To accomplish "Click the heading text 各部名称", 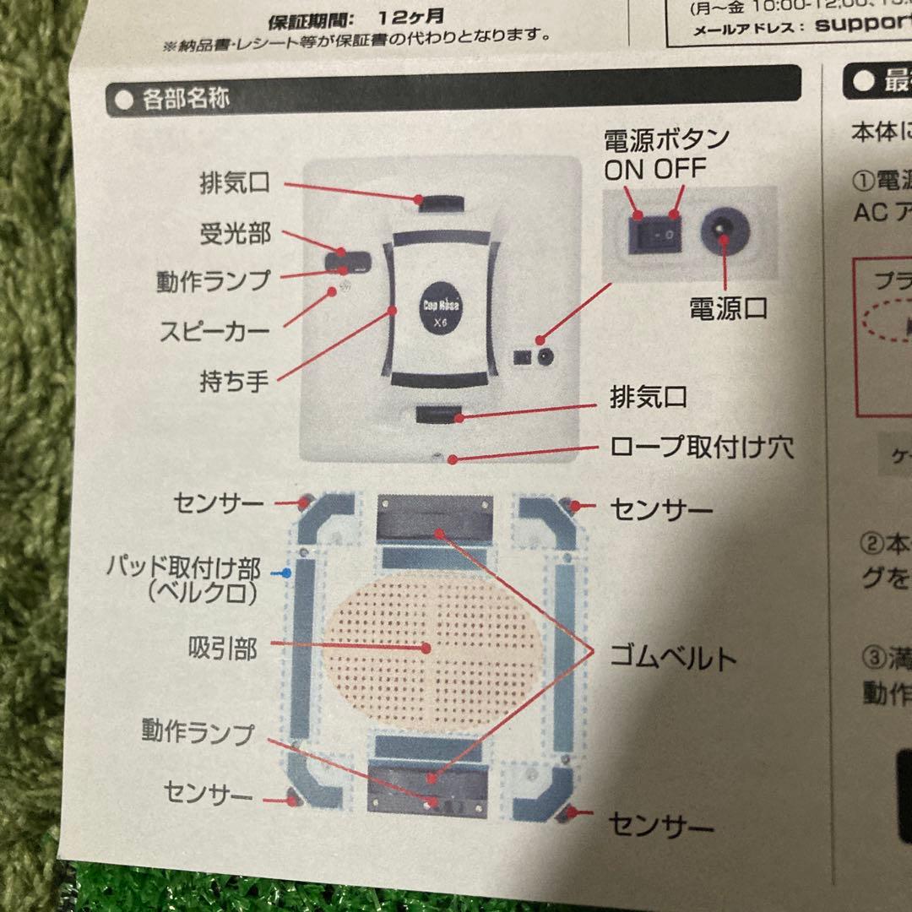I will click(186, 99).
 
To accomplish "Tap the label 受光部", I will click(235, 233).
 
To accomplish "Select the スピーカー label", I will click(214, 329).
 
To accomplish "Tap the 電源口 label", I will click(728, 308).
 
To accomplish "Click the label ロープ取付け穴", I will click(702, 448).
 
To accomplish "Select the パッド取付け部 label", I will click(183, 567).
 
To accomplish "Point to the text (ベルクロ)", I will click(201, 594).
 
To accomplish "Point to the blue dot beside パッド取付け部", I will click(287, 572).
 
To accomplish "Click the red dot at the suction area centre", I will click(425, 649).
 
